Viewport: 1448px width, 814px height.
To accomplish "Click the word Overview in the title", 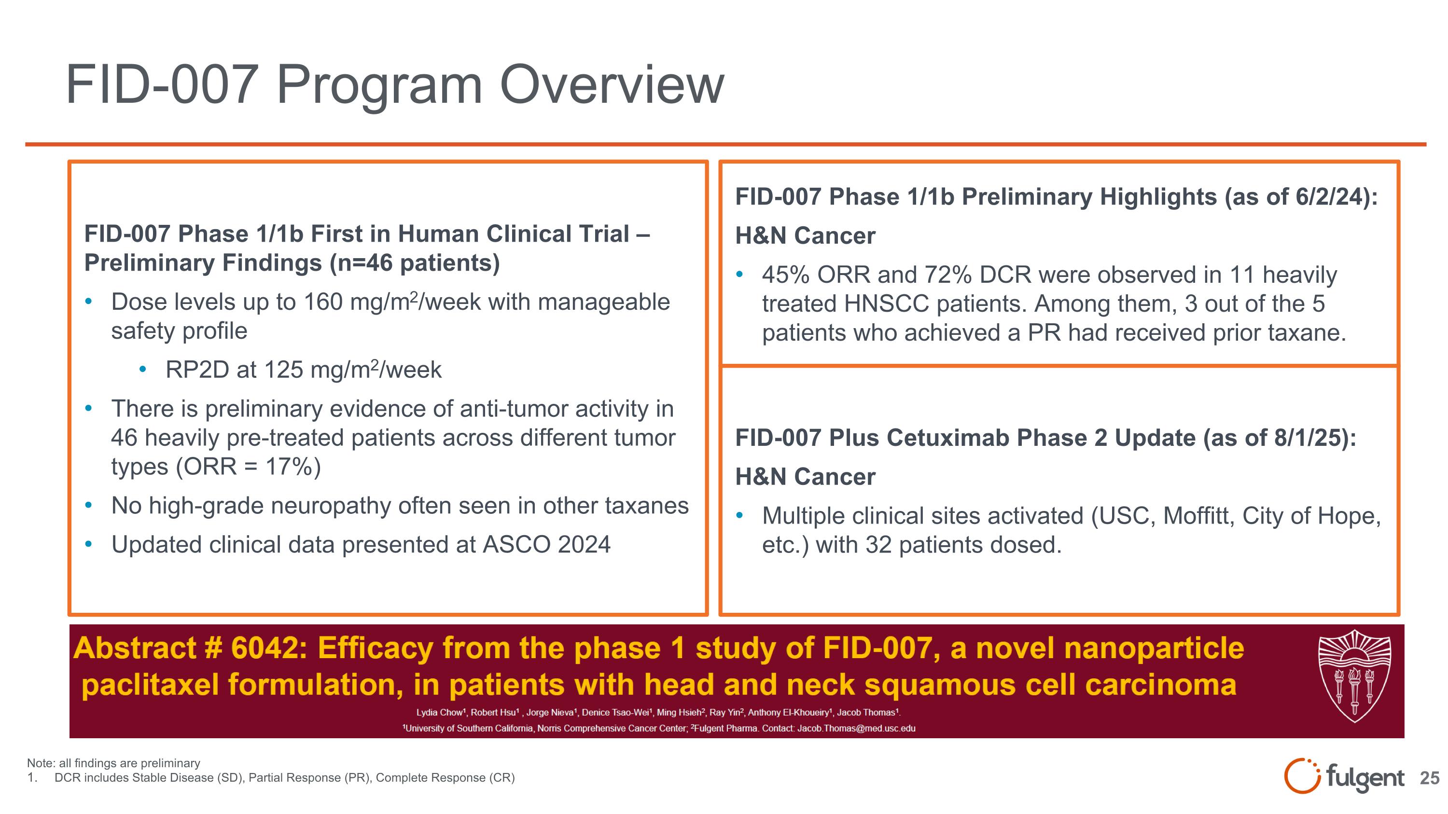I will [612, 85].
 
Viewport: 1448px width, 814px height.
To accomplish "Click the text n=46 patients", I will [414, 263].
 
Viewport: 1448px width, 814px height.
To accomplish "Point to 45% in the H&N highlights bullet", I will [785, 275].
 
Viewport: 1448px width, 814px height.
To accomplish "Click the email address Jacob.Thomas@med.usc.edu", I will [856, 729].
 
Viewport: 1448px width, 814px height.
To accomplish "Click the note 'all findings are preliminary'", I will [129, 763].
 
